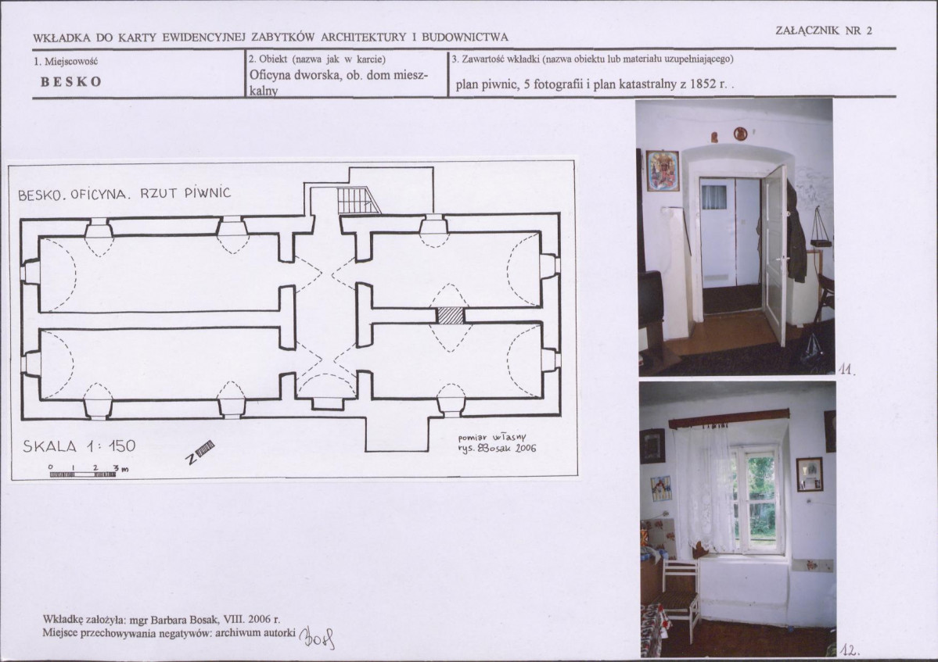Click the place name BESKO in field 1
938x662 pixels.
click(70, 82)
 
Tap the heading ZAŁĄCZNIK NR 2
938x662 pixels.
click(824, 30)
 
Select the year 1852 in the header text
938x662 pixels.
click(703, 84)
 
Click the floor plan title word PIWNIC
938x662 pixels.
click(207, 193)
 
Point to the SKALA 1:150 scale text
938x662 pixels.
click(79, 446)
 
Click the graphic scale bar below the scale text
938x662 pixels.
click(83, 474)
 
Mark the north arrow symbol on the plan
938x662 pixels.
click(199, 452)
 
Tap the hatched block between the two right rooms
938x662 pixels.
click(450, 316)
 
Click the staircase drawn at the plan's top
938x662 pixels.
click(358, 201)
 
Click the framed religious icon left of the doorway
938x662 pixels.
click(663, 170)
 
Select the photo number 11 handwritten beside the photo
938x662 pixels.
click(848, 370)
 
